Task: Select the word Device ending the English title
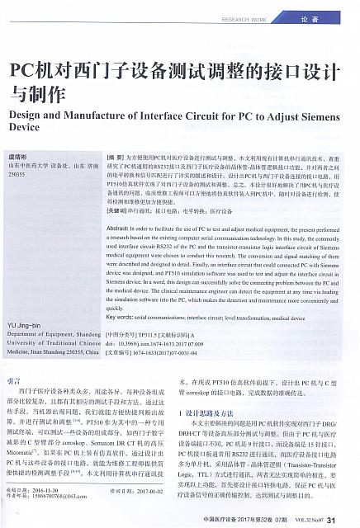pos(24,130)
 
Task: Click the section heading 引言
pos(14,381)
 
